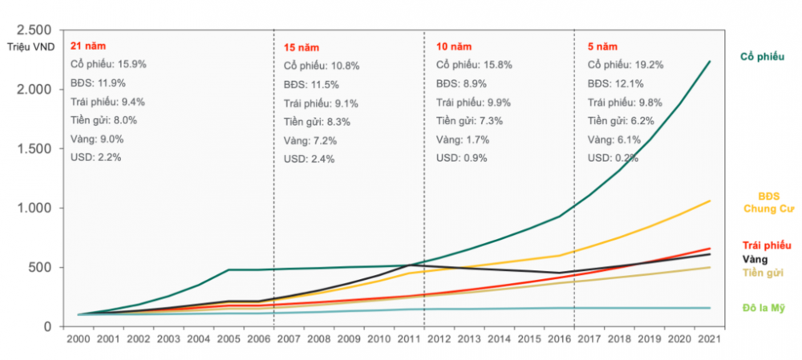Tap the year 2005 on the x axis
point(230,339)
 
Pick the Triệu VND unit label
point(33,47)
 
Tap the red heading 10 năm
point(453,45)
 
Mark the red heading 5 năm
point(602,45)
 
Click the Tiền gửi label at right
point(763,273)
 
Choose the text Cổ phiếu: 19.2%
point(626,64)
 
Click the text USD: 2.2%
point(96,157)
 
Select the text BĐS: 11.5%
point(311,83)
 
